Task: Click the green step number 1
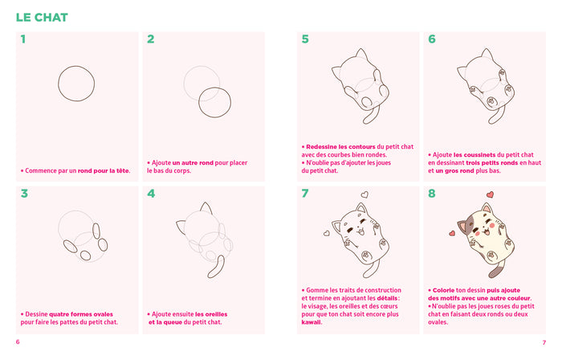pyautogui.click(x=23, y=39)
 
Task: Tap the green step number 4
pyautogui.click(x=151, y=193)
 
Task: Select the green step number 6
pyautogui.click(x=432, y=39)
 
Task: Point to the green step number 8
pyautogui.click(x=432, y=193)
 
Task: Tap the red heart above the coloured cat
pyautogui.click(x=490, y=195)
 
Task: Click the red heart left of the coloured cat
pyautogui.click(x=451, y=233)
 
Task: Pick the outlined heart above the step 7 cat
pyautogui.click(x=364, y=194)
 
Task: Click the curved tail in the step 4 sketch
pyautogui.click(x=218, y=268)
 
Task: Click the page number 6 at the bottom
pyautogui.click(x=18, y=342)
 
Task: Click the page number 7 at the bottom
pyautogui.click(x=544, y=342)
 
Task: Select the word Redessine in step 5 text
pyautogui.click(x=324, y=146)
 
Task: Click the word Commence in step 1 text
pyautogui.click(x=40, y=170)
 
